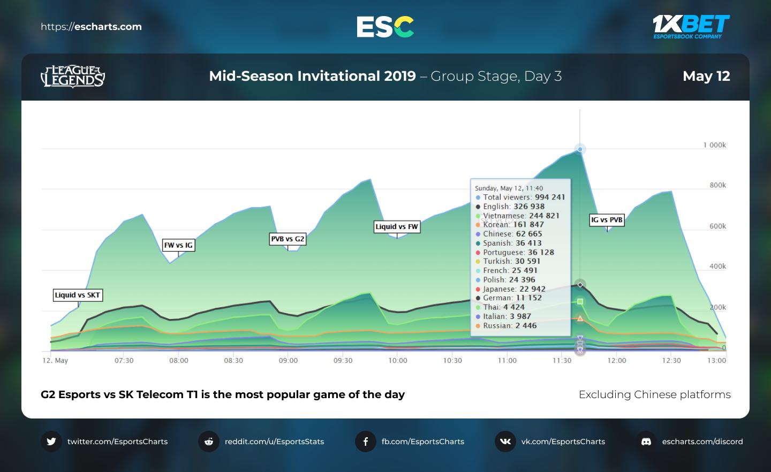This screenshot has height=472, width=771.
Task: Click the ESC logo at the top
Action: tap(385, 26)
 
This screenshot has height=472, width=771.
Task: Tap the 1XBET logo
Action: tap(691, 26)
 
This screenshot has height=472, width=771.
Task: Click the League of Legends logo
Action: tap(73, 77)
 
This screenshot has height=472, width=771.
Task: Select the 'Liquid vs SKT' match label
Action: tap(78, 295)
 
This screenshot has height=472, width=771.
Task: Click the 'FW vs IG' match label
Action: tap(178, 245)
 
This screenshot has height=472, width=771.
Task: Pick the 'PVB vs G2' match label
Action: tap(288, 239)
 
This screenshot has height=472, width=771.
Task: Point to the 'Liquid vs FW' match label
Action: tap(397, 227)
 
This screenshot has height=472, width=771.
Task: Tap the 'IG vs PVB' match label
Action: tap(607, 220)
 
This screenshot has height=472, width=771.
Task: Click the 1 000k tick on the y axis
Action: tap(714, 145)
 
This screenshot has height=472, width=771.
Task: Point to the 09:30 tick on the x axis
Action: tap(343, 361)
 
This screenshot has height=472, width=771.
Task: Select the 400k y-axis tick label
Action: tap(717, 267)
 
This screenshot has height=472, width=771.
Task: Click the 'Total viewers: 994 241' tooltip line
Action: tap(520, 197)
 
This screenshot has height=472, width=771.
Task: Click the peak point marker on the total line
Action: tap(580, 149)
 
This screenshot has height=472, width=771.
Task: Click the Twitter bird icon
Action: tap(51, 441)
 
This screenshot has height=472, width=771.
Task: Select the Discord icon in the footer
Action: tap(646, 441)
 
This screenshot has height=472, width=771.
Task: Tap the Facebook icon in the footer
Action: tap(366, 441)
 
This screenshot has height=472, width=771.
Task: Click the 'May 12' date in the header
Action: tap(706, 76)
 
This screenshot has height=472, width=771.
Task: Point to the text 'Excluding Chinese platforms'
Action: tap(654, 394)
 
